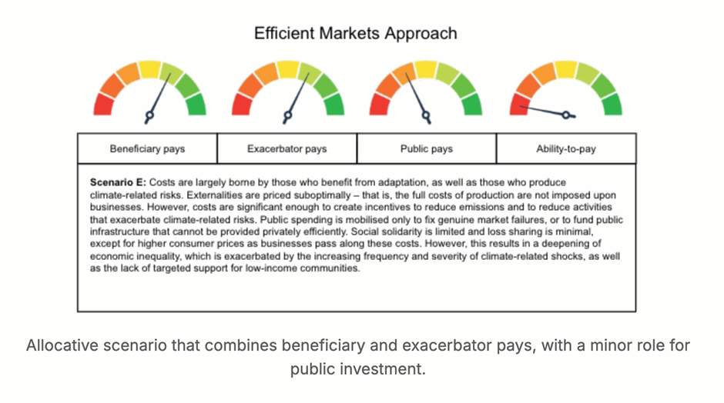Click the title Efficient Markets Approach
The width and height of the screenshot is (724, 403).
[x=356, y=34]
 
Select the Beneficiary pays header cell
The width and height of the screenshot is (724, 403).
[x=147, y=148]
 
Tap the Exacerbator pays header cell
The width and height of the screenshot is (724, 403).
[x=287, y=148]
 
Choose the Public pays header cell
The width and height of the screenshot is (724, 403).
[x=427, y=148]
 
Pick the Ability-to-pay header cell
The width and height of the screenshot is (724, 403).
[x=566, y=148]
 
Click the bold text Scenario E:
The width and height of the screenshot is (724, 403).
[x=118, y=182]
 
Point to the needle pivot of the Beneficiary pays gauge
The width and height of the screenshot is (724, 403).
[x=149, y=115]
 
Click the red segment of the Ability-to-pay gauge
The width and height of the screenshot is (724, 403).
[x=519, y=105]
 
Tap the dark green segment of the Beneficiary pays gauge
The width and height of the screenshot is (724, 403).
[x=196, y=105]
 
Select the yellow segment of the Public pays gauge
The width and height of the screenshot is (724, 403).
[x=426, y=69]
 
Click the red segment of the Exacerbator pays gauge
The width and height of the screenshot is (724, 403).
[x=242, y=105]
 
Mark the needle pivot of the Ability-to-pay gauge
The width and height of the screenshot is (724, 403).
[x=565, y=115]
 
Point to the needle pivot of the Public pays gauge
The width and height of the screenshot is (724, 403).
[x=426, y=115]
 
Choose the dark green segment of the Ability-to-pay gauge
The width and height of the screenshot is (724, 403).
[x=612, y=105]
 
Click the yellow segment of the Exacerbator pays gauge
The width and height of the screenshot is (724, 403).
[x=288, y=69]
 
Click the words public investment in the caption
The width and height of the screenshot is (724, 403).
[x=357, y=369]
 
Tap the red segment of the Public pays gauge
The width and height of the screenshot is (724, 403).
[x=379, y=105]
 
